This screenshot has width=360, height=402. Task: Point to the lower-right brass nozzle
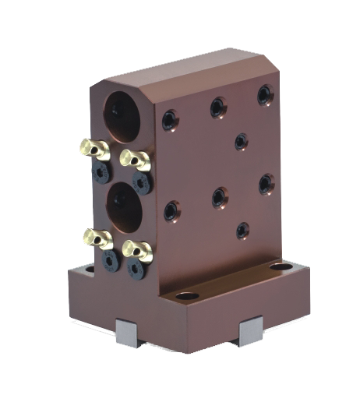(137, 249)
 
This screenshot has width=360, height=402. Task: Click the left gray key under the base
(127, 333)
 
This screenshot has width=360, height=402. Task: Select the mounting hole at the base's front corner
(187, 296)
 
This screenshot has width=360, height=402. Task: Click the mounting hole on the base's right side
(278, 268)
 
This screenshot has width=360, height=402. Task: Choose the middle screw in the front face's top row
(218, 107)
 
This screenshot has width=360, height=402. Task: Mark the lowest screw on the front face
(243, 231)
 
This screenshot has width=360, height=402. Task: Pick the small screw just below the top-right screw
(242, 141)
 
